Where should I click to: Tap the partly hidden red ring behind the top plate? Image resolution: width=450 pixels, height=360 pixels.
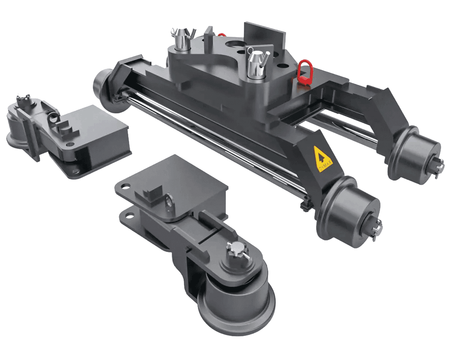(221, 35)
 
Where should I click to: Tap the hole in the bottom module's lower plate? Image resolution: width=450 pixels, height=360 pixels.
(129, 215)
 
